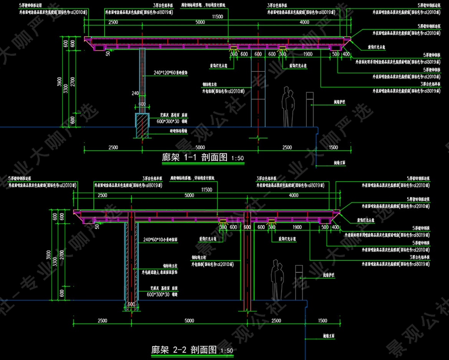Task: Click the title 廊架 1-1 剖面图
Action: [x=195, y=157]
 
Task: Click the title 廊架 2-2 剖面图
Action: [x=184, y=350]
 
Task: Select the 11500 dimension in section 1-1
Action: [x=217, y=17]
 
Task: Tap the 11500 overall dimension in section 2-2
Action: [x=206, y=190]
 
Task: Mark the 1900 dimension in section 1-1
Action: [x=307, y=54]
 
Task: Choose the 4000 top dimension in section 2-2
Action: [x=294, y=195]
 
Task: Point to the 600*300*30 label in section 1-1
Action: [x=169, y=121]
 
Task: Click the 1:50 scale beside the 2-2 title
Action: [x=227, y=350]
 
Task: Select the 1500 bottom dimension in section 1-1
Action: [x=333, y=147]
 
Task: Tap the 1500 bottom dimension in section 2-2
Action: [x=323, y=320]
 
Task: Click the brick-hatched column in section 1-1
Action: [x=142, y=81]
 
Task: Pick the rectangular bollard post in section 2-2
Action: [x=299, y=282]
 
